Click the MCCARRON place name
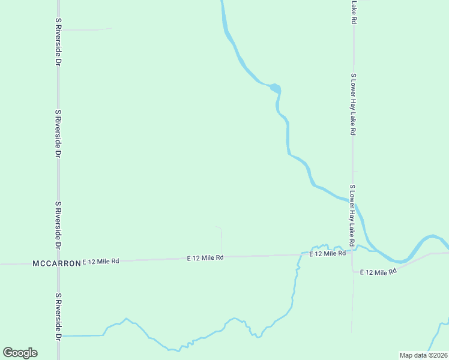(56, 263)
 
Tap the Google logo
(20, 353)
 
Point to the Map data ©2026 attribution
(423, 355)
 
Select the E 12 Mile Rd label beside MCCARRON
(101, 261)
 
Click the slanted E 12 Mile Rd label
(379, 272)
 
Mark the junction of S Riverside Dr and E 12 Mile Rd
(58, 263)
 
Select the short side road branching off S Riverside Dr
(84, 29)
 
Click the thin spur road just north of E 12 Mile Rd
(221, 240)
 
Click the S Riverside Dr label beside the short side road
(58, 41)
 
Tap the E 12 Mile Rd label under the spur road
(205, 257)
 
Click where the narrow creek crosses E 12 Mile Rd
(298, 255)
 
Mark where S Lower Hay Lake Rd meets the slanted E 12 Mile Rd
(353, 268)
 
